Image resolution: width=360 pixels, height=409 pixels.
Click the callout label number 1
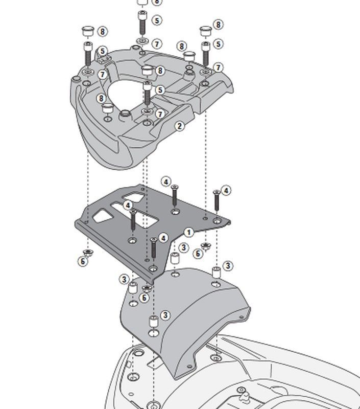point(189,233)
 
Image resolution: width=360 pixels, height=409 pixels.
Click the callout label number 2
point(179,126)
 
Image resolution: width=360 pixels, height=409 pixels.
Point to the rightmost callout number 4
point(225,191)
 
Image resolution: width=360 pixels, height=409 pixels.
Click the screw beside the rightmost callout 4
point(216,200)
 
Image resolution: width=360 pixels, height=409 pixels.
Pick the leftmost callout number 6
point(83,261)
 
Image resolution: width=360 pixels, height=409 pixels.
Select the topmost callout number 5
point(156,20)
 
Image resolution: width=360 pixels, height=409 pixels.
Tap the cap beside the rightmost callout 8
point(205,30)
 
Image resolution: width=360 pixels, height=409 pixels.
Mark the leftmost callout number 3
point(124,279)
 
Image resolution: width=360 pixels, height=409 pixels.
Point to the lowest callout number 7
point(160,114)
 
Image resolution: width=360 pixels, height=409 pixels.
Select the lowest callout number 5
point(160,90)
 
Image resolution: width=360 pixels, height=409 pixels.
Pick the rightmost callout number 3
point(228,266)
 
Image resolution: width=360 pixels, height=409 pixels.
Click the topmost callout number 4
point(166,182)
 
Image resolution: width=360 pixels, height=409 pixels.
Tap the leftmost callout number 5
point(103,52)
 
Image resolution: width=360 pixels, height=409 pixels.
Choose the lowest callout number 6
point(145,298)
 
